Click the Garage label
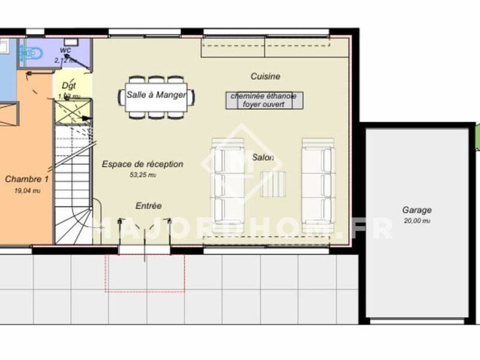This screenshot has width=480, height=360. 416,211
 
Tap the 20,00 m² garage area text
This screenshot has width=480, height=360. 416,221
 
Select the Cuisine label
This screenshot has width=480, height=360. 265,77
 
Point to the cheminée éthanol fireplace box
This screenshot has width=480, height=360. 265,100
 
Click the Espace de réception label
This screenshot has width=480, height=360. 142,164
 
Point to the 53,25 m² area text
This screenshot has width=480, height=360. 142,175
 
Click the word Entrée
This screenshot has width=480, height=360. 148,206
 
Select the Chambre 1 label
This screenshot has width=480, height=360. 26,179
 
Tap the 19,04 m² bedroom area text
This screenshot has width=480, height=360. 26,190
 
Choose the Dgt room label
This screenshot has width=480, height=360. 68,86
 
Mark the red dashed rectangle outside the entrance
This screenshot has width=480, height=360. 145,272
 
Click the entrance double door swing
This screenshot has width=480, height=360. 146,234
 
